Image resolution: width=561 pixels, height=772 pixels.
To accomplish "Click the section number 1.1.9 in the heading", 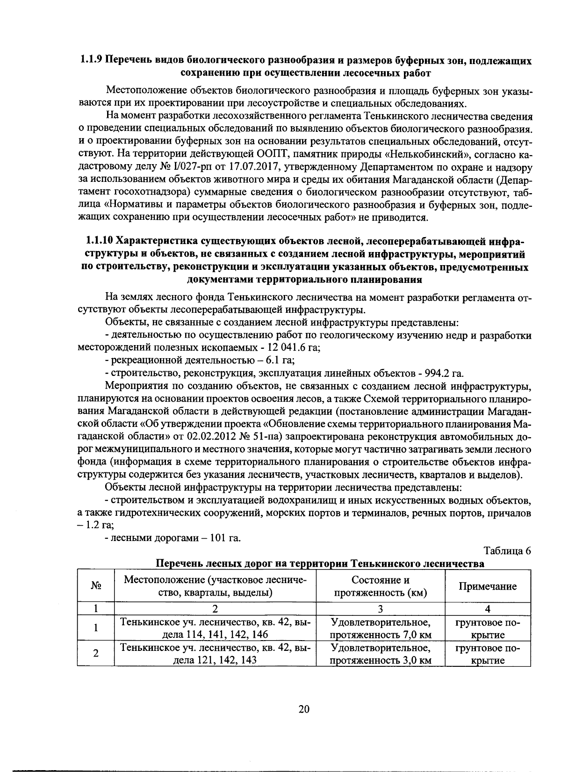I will coord(90,60).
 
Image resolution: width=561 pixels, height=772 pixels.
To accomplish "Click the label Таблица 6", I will coord(508,550).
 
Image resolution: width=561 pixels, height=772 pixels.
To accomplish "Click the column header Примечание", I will coord(487,586).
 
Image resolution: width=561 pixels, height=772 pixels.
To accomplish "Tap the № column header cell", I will coord(95,586).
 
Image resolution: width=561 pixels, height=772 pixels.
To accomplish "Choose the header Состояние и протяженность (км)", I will coord(380,586).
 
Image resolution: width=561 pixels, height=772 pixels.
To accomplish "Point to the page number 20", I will coord(303,709).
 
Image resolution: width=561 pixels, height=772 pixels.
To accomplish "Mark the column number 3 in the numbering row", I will coord(380,608).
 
